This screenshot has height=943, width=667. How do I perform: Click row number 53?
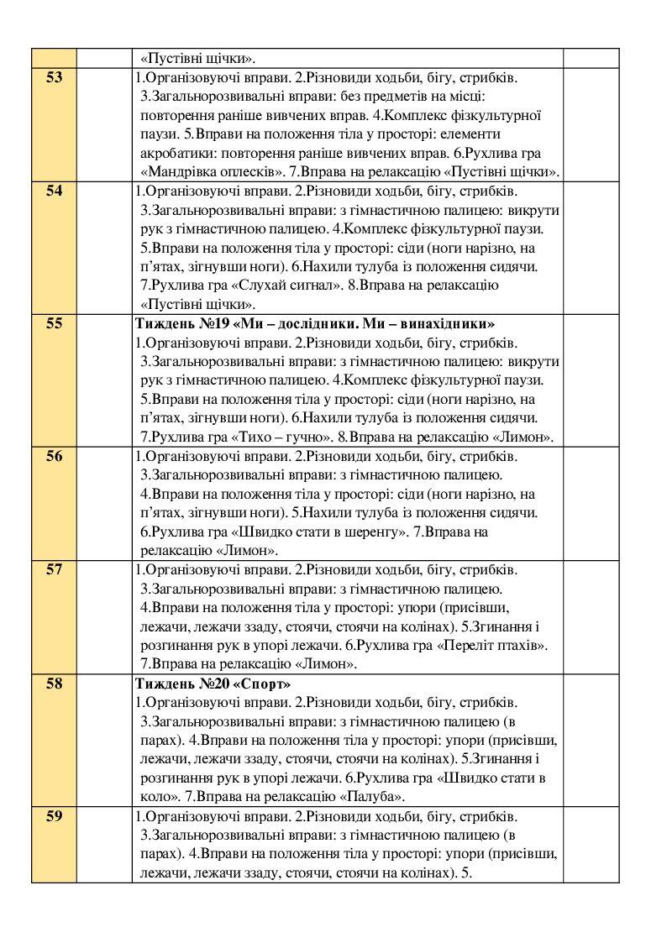point(54,78)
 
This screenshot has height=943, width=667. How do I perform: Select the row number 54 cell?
point(54,191)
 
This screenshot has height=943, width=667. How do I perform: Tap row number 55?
point(54,323)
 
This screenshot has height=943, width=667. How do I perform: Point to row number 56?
point(54,456)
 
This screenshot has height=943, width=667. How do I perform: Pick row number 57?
point(54,569)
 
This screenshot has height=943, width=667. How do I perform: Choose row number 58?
point(54,684)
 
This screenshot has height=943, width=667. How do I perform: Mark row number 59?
point(54,816)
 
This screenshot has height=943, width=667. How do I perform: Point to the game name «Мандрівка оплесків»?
point(211,173)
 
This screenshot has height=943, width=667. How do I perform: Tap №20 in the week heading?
point(206,684)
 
